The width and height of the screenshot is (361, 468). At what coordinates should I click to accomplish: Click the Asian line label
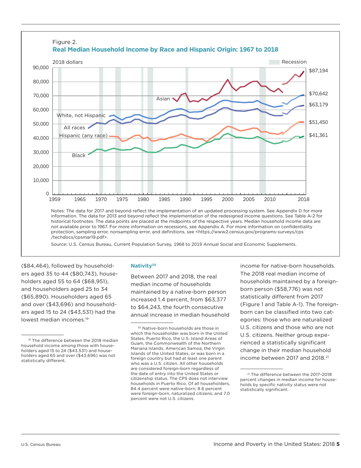point(163,99)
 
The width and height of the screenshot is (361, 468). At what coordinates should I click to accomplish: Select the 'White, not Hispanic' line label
point(81,115)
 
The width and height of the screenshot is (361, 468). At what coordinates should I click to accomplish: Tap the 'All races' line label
point(74,127)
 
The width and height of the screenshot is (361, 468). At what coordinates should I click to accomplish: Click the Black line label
point(79,156)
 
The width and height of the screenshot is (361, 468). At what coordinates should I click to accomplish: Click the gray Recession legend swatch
point(274,62)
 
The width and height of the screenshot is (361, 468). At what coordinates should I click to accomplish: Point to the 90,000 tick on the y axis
point(42,68)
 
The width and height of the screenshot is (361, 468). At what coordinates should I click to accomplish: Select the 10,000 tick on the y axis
point(42,180)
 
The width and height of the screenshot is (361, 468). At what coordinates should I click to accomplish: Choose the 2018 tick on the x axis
point(304,199)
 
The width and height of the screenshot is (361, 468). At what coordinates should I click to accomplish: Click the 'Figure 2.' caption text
point(63,42)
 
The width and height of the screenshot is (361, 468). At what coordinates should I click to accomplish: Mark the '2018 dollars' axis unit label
point(67,62)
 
